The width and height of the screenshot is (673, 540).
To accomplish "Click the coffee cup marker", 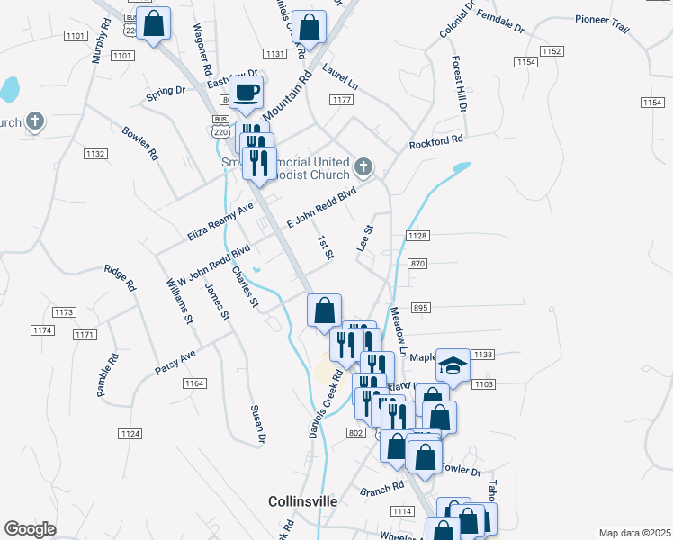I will pos(246,92).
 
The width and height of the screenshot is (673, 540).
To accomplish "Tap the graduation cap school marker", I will pos(453,366).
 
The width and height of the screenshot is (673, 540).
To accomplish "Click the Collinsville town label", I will pos(303,500).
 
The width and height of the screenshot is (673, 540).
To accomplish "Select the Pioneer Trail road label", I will pos(602,18).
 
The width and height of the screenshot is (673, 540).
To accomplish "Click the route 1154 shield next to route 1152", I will pos(526,61).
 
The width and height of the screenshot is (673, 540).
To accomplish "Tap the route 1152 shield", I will pos(552,51).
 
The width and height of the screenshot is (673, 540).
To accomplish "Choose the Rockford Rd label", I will pos(435,142).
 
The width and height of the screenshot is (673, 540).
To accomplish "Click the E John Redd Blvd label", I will pos(321,208).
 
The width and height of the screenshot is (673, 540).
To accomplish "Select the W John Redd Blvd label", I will pos(213,265).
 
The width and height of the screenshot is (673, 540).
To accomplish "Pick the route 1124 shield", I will pos(130,434).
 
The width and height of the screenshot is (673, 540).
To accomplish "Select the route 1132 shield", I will pos(95,154).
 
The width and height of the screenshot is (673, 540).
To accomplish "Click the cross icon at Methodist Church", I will pos(363,166).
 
